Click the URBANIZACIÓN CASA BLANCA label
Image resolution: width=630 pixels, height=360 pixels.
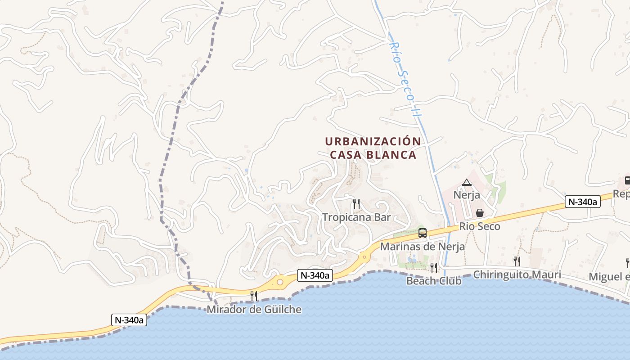[373, 148]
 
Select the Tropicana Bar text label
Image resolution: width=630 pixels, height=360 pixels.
[356, 217]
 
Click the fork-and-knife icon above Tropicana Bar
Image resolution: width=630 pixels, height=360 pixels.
[356, 204]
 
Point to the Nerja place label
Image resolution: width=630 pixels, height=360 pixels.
[467, 195]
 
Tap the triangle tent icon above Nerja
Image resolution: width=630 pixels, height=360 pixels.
[467, 182]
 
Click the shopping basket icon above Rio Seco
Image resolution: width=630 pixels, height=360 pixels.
[480, 212]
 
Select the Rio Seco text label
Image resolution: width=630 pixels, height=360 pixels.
[480, 226]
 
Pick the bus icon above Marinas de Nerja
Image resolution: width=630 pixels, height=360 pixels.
[423, 233]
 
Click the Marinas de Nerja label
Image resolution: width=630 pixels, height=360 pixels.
[423, 247]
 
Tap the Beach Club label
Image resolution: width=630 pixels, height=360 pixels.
[434, 281]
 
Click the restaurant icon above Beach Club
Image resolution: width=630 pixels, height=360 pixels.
[434, 267]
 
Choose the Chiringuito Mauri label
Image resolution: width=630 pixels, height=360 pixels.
[517, 274]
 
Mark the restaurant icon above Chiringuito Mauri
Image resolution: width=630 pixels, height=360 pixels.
[517, 261]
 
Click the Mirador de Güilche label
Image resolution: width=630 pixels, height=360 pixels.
[254, 310]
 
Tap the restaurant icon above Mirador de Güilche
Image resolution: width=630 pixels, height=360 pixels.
[254, 296]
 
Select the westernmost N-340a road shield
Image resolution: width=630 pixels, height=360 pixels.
[129, 320]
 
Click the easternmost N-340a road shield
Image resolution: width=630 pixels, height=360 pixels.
[583, 202]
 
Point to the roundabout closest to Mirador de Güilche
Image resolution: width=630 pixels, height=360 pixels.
[280, 282]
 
